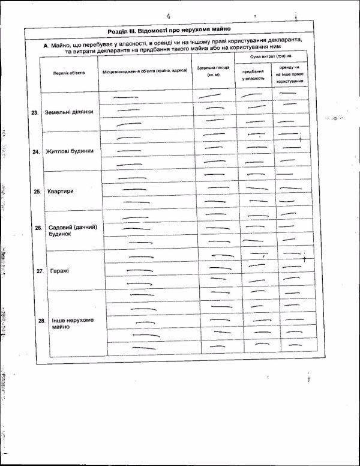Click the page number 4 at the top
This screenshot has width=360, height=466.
(170, 16)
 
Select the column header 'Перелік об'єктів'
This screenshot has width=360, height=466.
(69, 72)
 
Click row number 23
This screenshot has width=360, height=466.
(35, 112)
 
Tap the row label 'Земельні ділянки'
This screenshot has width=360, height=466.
(69, 112)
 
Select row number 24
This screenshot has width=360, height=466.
(35, 152)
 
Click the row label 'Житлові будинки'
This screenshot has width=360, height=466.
(70, 151)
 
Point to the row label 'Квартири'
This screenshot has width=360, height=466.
(62, 191)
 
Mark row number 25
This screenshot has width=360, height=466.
(37, 192)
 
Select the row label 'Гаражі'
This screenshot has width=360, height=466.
(60, 271)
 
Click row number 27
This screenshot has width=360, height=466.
(40, 271)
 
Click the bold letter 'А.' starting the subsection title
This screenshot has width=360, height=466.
(46, 45)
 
